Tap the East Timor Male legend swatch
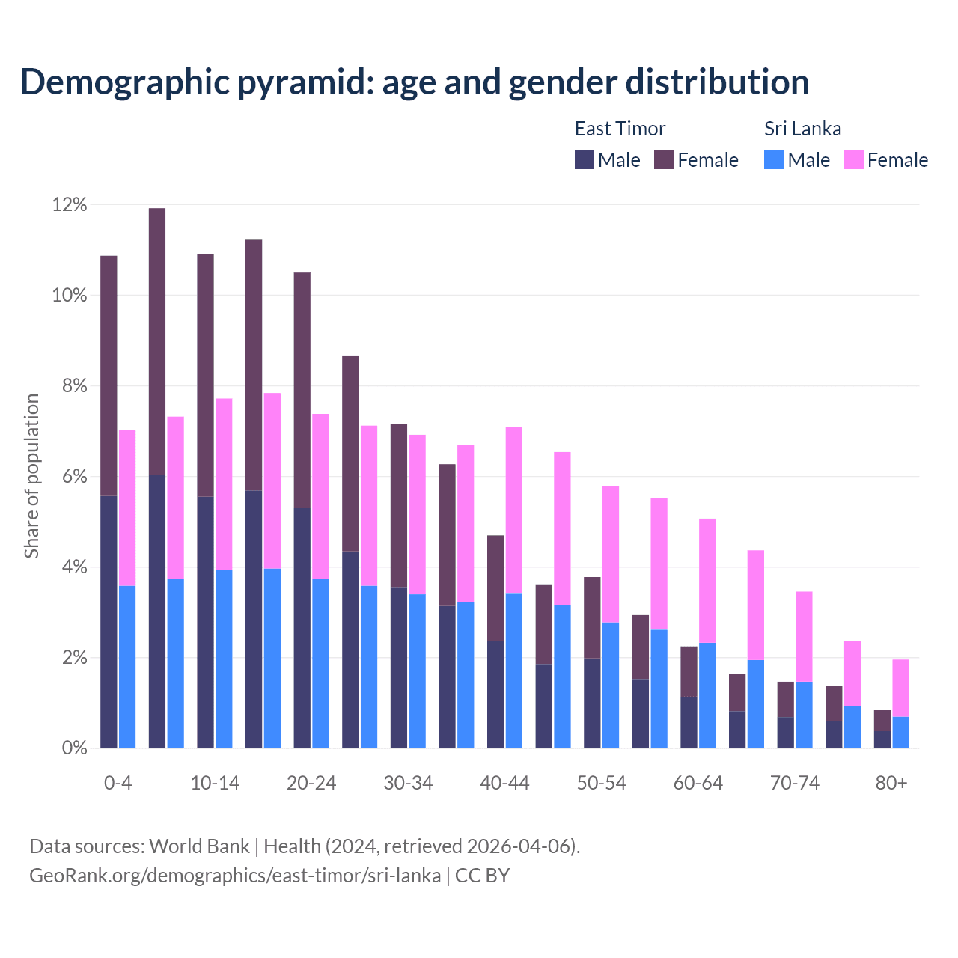pyautogui.click(x=585, y=159)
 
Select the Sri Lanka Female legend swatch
pyautogui.click(x=853, y=159)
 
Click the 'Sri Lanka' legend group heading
pyautogui.click(x=802, y=129)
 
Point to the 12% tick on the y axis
pyautogui.click(x=70, y=205)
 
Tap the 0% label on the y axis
pyautogui.click(x=74, y=748)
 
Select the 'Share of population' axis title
pyautogui.click(x=32, y=476)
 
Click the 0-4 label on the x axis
pyautogui.click(x=118, y=784)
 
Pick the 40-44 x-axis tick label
pyautogui.click(x=504, y=784)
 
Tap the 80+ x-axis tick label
pyautogui.click(x=891, y=784)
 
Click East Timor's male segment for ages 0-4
pyautogui.click(x=109, y=621)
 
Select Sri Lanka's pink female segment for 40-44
pyautogui.click(x=514, y=510)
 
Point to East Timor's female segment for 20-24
pyautogui.click(x=302, y=390)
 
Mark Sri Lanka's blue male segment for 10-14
pyautogui.click(x=224, y=659)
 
